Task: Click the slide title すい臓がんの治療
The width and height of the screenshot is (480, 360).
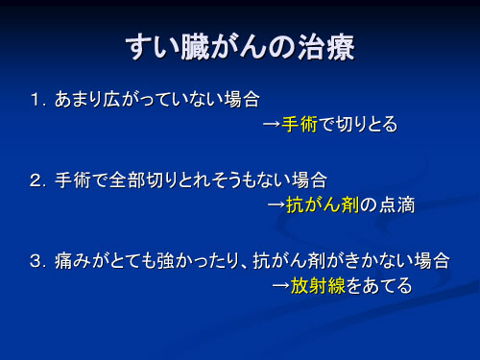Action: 240,49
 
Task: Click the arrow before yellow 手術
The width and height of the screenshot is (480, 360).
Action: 272,125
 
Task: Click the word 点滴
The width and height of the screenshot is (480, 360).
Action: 397,204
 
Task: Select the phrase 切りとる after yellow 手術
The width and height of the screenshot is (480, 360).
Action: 366,125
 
